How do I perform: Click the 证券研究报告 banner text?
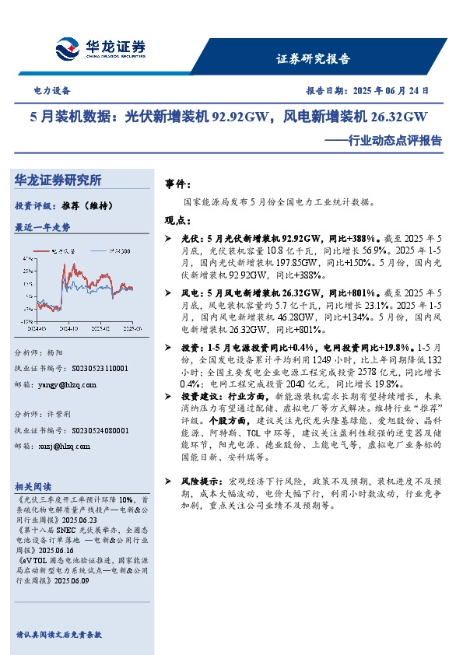click(x=314, y=59)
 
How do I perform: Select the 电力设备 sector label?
click(x=52, y=90)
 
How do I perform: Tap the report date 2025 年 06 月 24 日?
click(x=389, y=90)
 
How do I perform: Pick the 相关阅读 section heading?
click(x=33, y=485)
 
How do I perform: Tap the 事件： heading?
click(x=178, y=184)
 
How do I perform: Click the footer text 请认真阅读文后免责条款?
click(x=58, y=635)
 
